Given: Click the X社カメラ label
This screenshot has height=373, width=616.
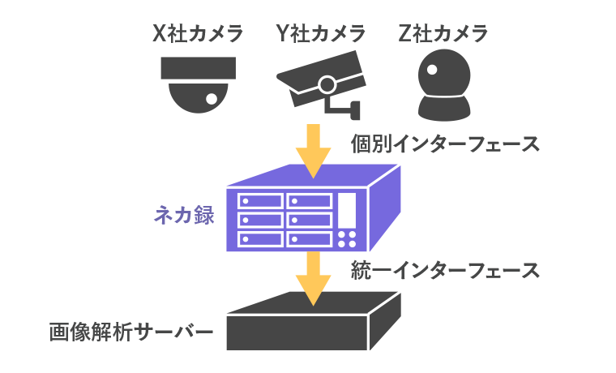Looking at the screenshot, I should click(x=199, y=33).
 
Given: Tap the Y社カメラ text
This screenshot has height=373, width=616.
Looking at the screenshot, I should click(x=320, y=33).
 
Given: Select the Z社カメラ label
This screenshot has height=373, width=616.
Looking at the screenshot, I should click(x=443, y=33).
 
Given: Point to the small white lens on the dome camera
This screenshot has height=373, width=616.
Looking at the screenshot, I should click(x=211, y=98).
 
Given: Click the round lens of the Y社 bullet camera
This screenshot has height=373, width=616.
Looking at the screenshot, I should click(x=327, y=84).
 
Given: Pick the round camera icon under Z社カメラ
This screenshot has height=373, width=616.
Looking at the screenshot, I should click(x=443, y=82).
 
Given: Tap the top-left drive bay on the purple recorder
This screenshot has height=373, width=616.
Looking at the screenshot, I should click(x=259, y=200).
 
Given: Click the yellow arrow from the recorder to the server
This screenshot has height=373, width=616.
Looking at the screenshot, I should click(x=314, y=276).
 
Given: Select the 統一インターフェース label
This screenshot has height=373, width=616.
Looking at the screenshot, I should click(x=445, y=269).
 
